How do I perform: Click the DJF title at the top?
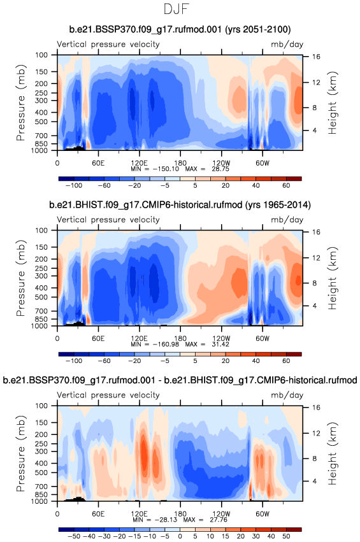[x=176, y=9]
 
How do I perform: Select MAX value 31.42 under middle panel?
[x=220, y=345]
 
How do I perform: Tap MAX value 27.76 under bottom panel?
[x=219, y=520]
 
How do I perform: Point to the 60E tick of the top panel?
[x=98, y=163]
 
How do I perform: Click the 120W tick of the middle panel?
[x=221, y=338]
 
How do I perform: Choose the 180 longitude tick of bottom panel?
[x=180, y=513]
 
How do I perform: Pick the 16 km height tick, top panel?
[x=316, y=57]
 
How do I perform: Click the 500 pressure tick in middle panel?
[x=42, y=297]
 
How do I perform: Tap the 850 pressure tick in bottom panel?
[x=42, y=494]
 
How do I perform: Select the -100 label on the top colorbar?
[x=74, y=185]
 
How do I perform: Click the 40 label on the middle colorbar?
[x=256, y=361]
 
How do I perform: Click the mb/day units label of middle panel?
[x=287, y=220]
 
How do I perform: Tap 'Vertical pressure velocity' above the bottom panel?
[x=108, y=395]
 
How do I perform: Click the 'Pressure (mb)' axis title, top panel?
[x=21, y=103]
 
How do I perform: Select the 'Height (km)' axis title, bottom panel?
[x=333, y=453]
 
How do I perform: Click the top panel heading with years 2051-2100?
[x=180, y=29]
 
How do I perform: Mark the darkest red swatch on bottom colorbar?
[x=294, y=529]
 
